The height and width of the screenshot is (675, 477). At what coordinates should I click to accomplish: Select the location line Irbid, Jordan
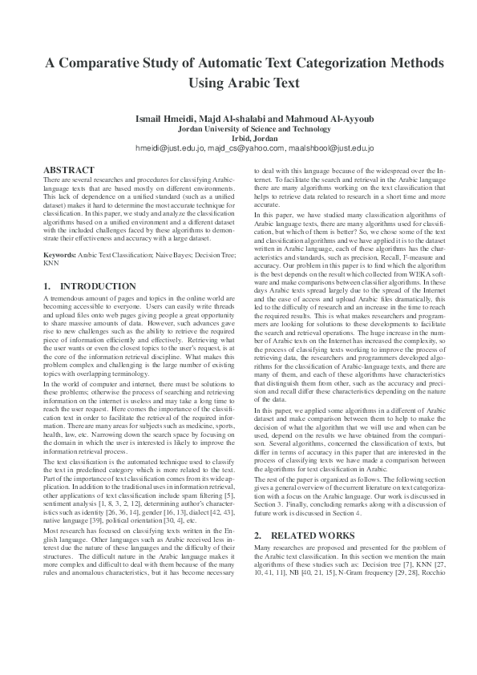[238, 138]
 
